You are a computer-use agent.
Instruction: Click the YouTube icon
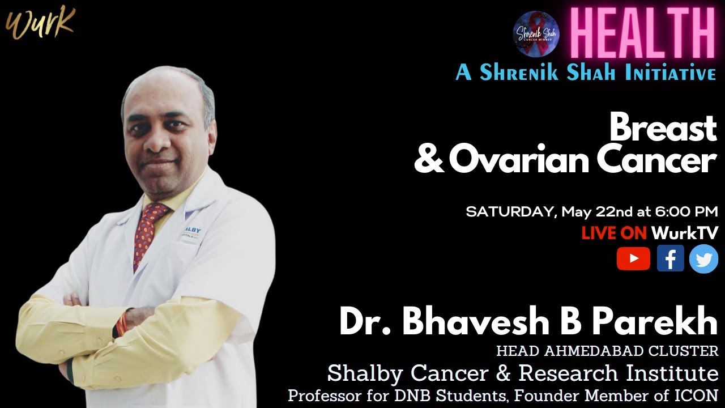tap(633, 259)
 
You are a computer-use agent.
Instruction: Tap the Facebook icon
tap(670, 259)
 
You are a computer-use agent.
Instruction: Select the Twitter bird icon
tap(704, 259)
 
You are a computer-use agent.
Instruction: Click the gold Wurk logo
tap(40, 23)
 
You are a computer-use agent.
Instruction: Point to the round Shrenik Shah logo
tap(536, 34)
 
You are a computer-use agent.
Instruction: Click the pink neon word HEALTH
tap(642, 32)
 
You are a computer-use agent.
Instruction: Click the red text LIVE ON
tap(613, 233)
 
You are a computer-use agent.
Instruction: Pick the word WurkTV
tap(685, 233)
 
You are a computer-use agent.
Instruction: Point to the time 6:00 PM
tap(686, 212)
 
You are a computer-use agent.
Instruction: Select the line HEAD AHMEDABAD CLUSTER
tap(607, 351)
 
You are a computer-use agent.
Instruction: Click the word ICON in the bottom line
tap(701, 395)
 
